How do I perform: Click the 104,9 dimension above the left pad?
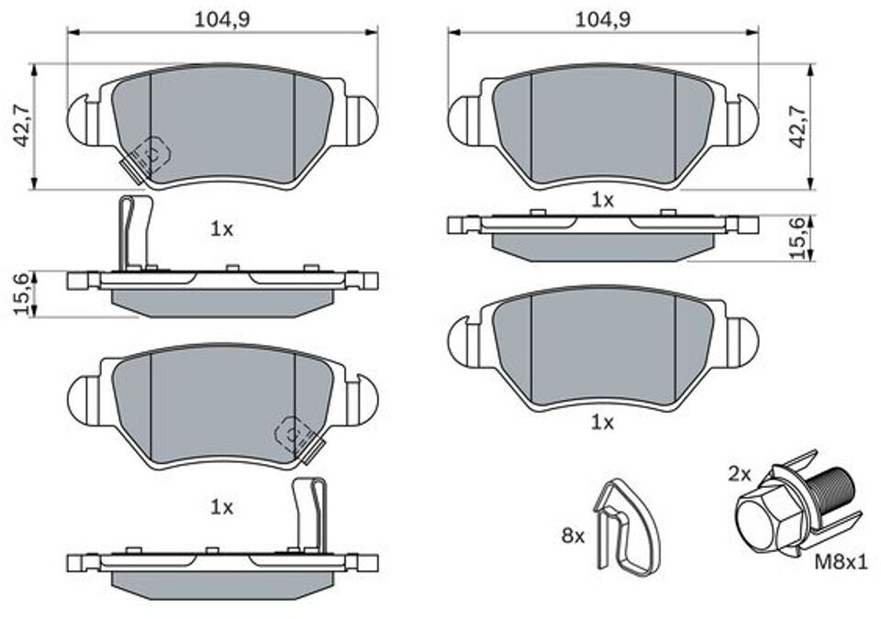[222, 19]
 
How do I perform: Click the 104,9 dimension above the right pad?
[603, 19]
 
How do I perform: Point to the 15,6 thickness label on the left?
[21, 293]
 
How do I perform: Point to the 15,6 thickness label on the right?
[797, 238]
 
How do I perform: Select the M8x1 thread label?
[842, 561]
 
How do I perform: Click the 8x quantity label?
[573, 536]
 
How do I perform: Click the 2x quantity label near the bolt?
[740, 475]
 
